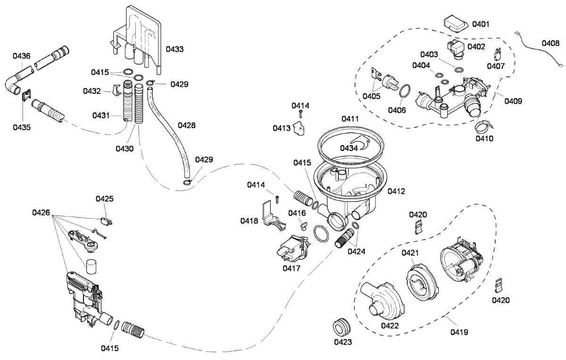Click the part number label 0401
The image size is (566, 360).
pyautogui.click(x=481, y=24)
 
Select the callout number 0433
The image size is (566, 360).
pyautogui.click(x=175, y=49)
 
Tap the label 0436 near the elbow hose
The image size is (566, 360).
pyautogui.click(x=22, y=56)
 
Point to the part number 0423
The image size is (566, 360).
pyautogui.click(x=343, y=342)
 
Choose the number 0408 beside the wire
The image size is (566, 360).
pyautogui.click(x=551, y=43)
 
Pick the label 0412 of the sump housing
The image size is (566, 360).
pyautogui.click(x=397, y=192)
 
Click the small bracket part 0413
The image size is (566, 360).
pyautogui.click(x=299, y=127)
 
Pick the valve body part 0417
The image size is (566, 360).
pyautogui.click(x=291, y=248)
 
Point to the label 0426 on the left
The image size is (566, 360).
pyautogui.click(x=41, y=213)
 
